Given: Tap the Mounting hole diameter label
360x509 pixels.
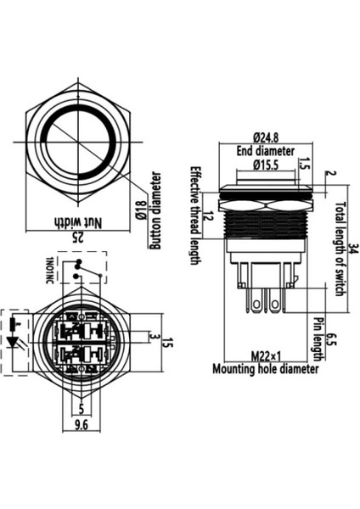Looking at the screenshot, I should (265, 369).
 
